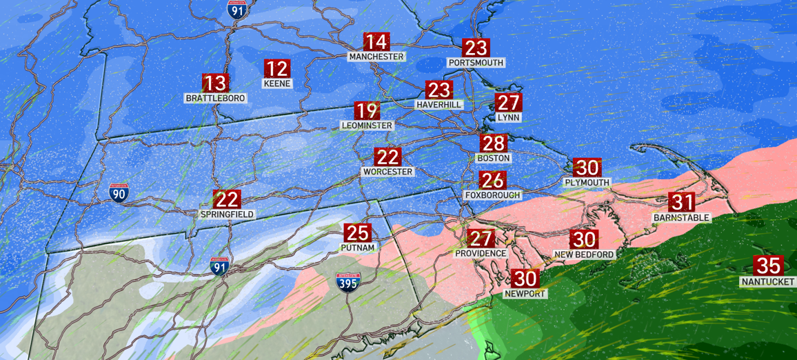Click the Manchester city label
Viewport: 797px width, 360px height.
376,57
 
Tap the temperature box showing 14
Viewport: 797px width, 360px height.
376,41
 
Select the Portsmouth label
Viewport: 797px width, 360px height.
476,63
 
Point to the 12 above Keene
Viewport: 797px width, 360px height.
277,69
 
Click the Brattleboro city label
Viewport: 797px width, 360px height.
215,99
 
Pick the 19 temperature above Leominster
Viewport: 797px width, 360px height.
367,110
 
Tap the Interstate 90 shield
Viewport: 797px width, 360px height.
118,192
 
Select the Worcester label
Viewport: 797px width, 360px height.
387,172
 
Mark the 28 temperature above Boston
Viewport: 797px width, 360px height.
494,143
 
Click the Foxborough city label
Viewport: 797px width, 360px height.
492,195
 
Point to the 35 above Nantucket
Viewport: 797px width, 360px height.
768,266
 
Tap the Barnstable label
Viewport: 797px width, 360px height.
681,218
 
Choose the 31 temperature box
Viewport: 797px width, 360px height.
682,202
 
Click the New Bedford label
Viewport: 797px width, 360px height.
584,254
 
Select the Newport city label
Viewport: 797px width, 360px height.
525,294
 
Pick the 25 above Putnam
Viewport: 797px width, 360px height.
358,233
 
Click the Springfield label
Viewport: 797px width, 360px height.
227,214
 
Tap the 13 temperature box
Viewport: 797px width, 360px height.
215,83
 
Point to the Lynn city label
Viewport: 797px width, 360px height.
508,118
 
